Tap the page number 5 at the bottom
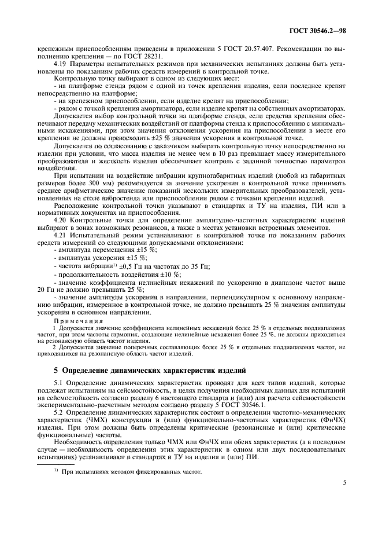pos(344,497)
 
